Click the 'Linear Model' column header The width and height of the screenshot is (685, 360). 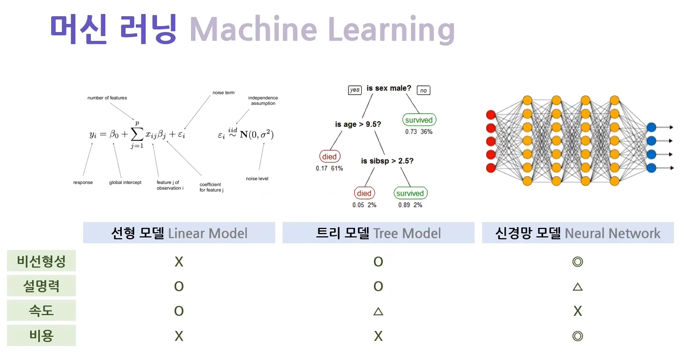[179, 233]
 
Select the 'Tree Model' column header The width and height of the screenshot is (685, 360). [378, 233]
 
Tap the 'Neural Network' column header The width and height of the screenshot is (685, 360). [578, 233]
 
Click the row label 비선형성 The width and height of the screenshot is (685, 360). [41, 261]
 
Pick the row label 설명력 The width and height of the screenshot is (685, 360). [41, 286]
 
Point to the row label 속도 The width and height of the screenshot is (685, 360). [41, 311]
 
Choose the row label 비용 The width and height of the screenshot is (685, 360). [41, 335]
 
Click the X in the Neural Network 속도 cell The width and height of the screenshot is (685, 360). [578, 311]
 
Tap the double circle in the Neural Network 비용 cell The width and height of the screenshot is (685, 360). [578, 336]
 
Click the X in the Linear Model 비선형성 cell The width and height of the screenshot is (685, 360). [179, 262]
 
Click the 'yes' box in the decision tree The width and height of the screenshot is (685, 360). [355, 90]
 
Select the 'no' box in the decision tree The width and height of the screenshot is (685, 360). [423, 91]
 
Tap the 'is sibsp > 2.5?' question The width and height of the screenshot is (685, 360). [387, 161]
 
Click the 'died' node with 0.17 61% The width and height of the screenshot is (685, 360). [329, 156]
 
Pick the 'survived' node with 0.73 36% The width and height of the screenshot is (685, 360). [419, 120]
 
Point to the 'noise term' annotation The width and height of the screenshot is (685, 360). [223, 93]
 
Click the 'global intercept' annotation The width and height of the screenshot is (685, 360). [125, 183]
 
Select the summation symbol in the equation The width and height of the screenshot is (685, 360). [137, 134]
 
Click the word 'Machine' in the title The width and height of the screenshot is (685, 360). [253, 29]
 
